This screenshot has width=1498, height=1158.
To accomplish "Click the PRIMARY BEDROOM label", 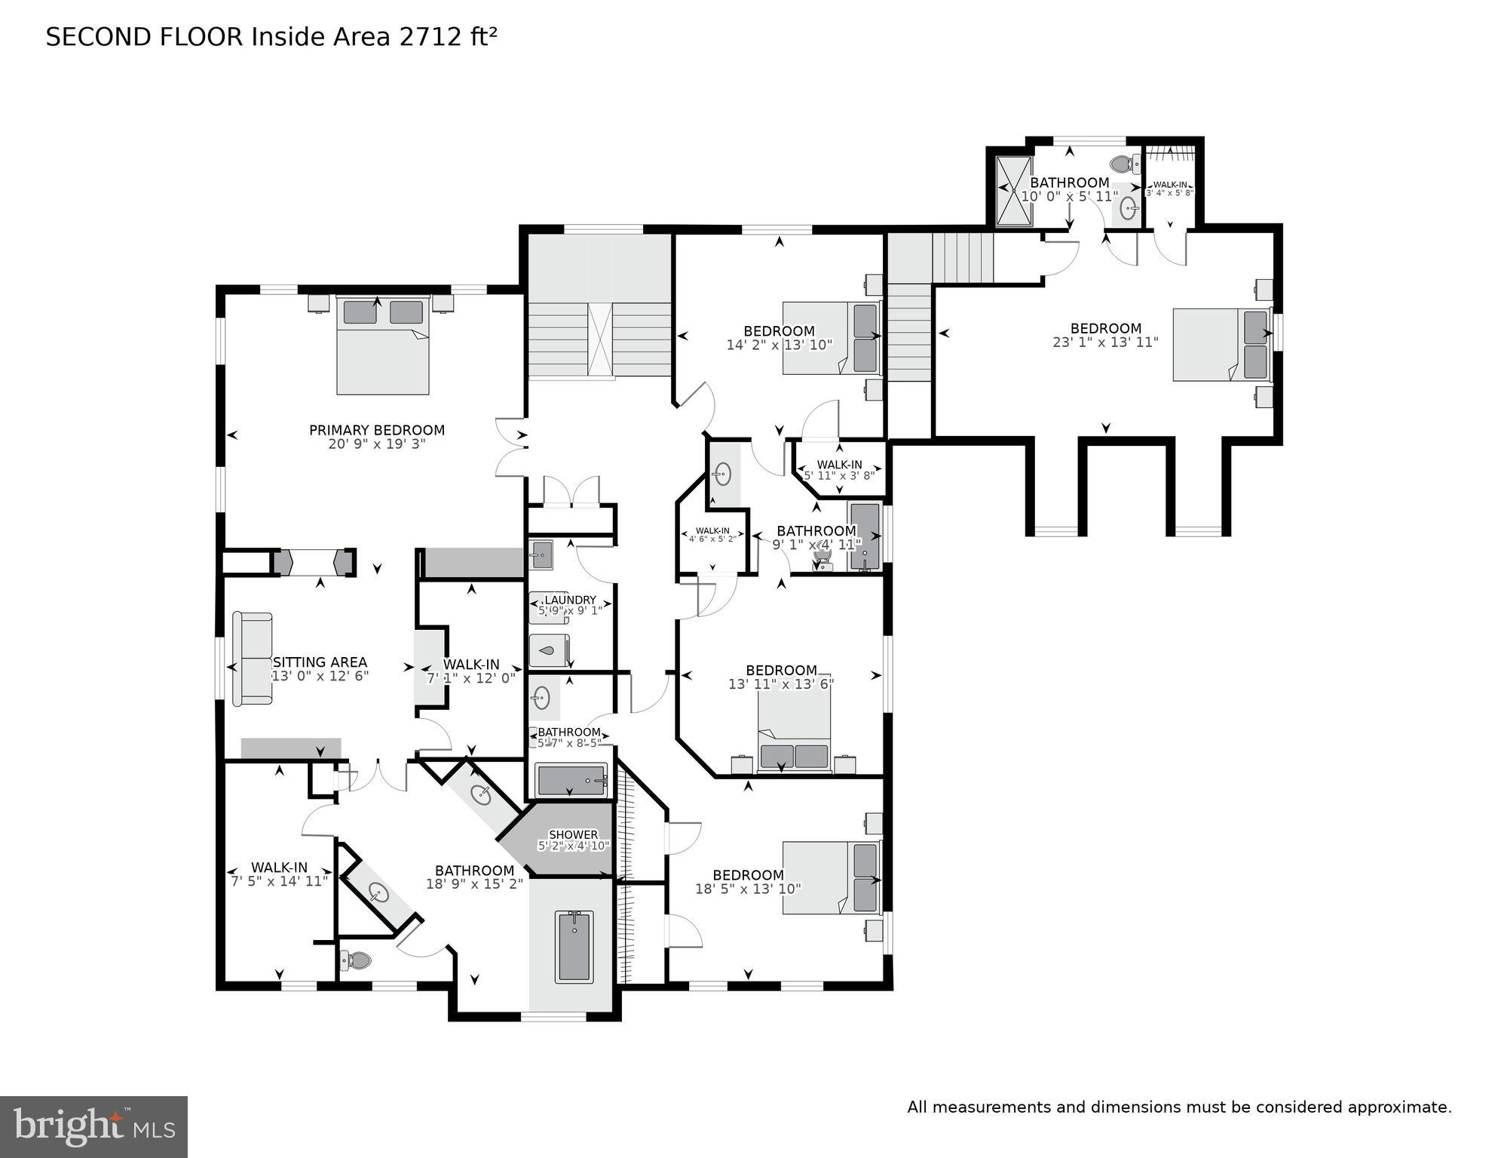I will [376, 430].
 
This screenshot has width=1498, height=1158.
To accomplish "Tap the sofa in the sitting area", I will [253, 659].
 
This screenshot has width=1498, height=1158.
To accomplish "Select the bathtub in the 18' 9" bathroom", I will [574, 947].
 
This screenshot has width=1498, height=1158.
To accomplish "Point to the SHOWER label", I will [573, 834].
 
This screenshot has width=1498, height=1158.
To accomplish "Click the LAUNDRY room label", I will [570, 600].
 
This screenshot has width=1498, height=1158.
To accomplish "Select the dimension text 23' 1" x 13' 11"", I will [1105, 342].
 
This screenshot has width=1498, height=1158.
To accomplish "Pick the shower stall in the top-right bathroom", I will [1013, 191].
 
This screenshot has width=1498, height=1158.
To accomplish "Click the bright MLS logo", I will [93, 1126].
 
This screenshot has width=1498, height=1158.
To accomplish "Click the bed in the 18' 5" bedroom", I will [830, 877].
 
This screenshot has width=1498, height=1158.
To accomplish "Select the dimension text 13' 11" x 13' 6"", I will [780, 684].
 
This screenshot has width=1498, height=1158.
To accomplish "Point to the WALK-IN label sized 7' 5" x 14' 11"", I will [279, 868].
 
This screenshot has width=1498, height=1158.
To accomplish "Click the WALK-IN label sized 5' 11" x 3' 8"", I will [839, 465].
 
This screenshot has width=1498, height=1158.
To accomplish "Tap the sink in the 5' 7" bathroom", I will [541, 698].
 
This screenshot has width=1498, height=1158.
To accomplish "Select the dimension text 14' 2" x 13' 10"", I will [779, 346].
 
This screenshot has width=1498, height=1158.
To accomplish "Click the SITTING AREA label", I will [320, 662].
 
